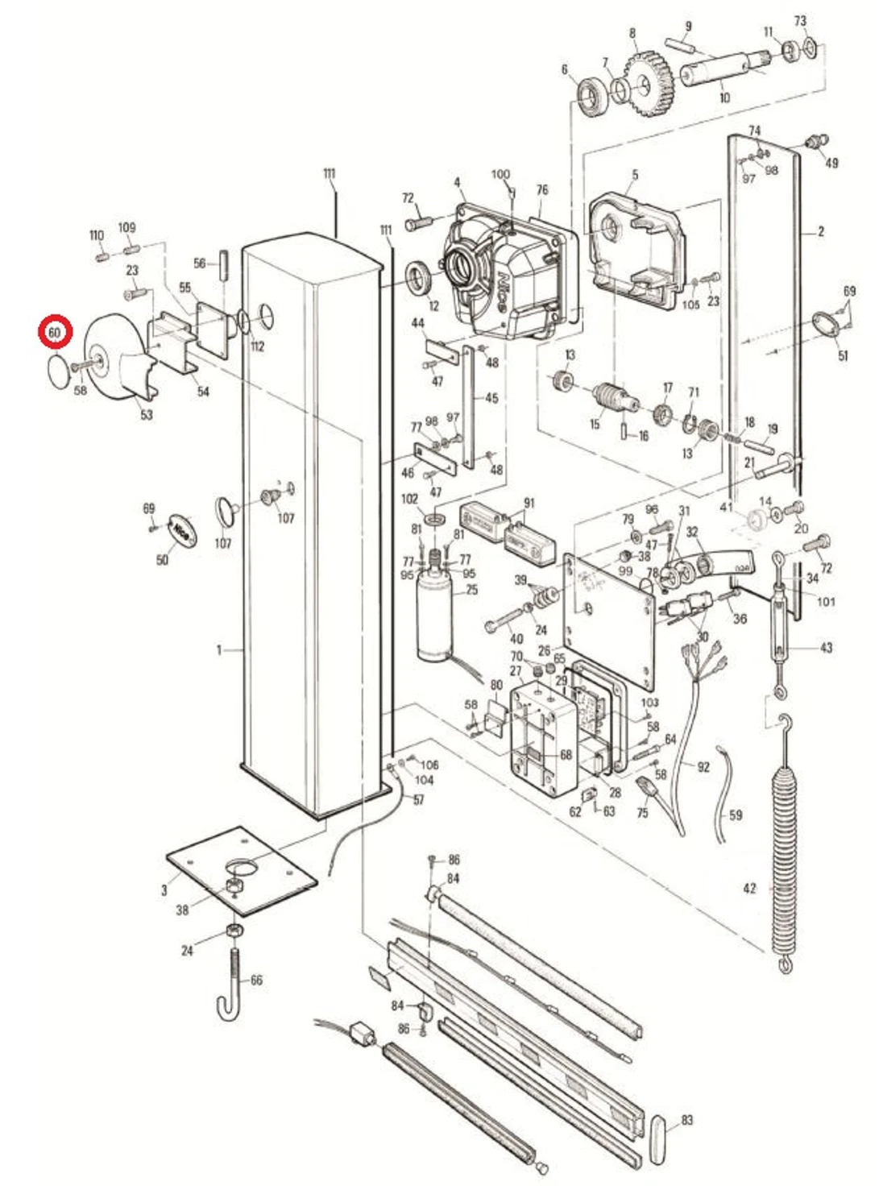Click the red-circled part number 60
coord(55,332)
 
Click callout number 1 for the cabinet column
coord(218,649)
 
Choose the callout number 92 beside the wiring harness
coord(703,767)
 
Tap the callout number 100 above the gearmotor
coord(500,174)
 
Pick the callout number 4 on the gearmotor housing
coord(457,183)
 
